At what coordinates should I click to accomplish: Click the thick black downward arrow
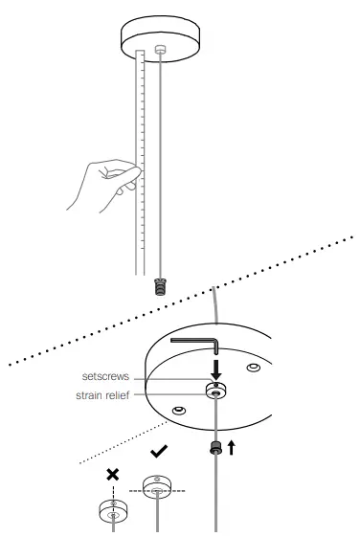coord(216,368)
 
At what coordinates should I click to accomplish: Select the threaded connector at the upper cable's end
coord(159,284)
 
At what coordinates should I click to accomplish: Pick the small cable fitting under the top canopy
coord(161,50)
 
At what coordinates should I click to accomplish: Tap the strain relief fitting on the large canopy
coord(216,391)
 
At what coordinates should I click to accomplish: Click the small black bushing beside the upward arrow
coord(217,446)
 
